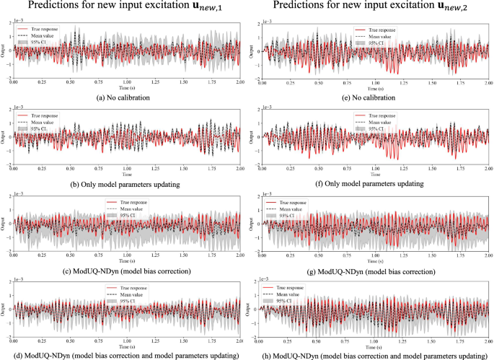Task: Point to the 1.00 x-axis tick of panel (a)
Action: [128, 82]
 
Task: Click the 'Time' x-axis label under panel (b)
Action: [128, 175]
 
